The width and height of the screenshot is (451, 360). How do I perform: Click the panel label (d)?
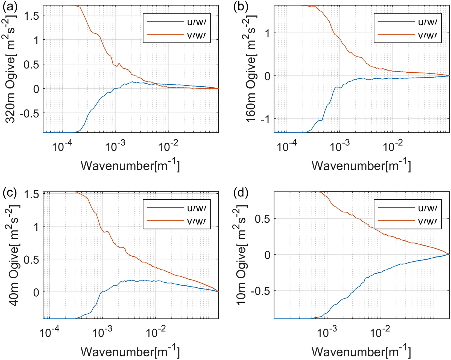[241, 193]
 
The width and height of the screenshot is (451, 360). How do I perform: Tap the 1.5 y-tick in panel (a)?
[32, 16]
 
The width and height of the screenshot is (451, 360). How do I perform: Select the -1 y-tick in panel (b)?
[263, 119]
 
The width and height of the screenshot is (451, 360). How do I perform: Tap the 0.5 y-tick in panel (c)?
[32, 259]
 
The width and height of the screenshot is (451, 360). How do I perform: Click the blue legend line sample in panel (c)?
[165, 208]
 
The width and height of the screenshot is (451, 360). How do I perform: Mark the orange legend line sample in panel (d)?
[396, 221]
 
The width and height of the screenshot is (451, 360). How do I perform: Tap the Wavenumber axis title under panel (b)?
[361, 166]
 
